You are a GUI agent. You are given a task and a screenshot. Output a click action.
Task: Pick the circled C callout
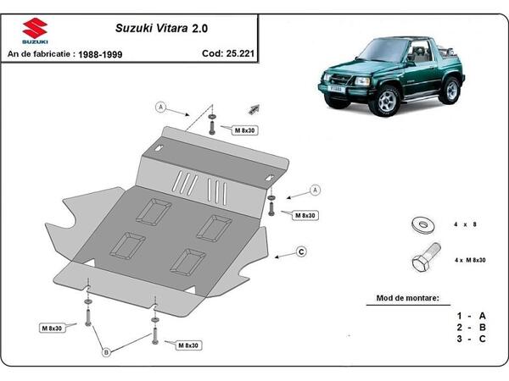301,251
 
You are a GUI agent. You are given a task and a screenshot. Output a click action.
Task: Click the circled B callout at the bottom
107,353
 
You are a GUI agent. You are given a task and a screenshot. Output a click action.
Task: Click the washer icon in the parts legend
420,225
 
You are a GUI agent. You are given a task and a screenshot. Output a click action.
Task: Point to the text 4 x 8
465,225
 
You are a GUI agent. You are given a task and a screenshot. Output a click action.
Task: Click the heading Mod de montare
407,299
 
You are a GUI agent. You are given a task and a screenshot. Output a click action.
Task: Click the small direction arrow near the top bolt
252,109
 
